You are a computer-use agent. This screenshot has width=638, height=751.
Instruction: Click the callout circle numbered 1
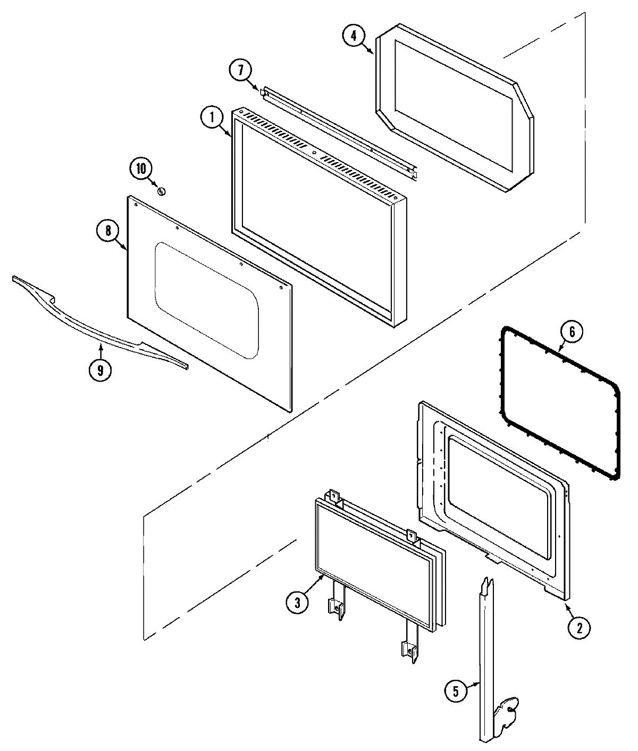[212, 117]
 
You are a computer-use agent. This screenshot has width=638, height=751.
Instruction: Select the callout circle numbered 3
[297, 602]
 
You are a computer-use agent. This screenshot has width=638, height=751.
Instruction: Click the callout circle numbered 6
[572, 332]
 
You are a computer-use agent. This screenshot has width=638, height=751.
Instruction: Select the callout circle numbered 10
[141, 169]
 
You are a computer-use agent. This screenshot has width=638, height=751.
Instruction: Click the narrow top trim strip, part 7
[340, 131]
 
